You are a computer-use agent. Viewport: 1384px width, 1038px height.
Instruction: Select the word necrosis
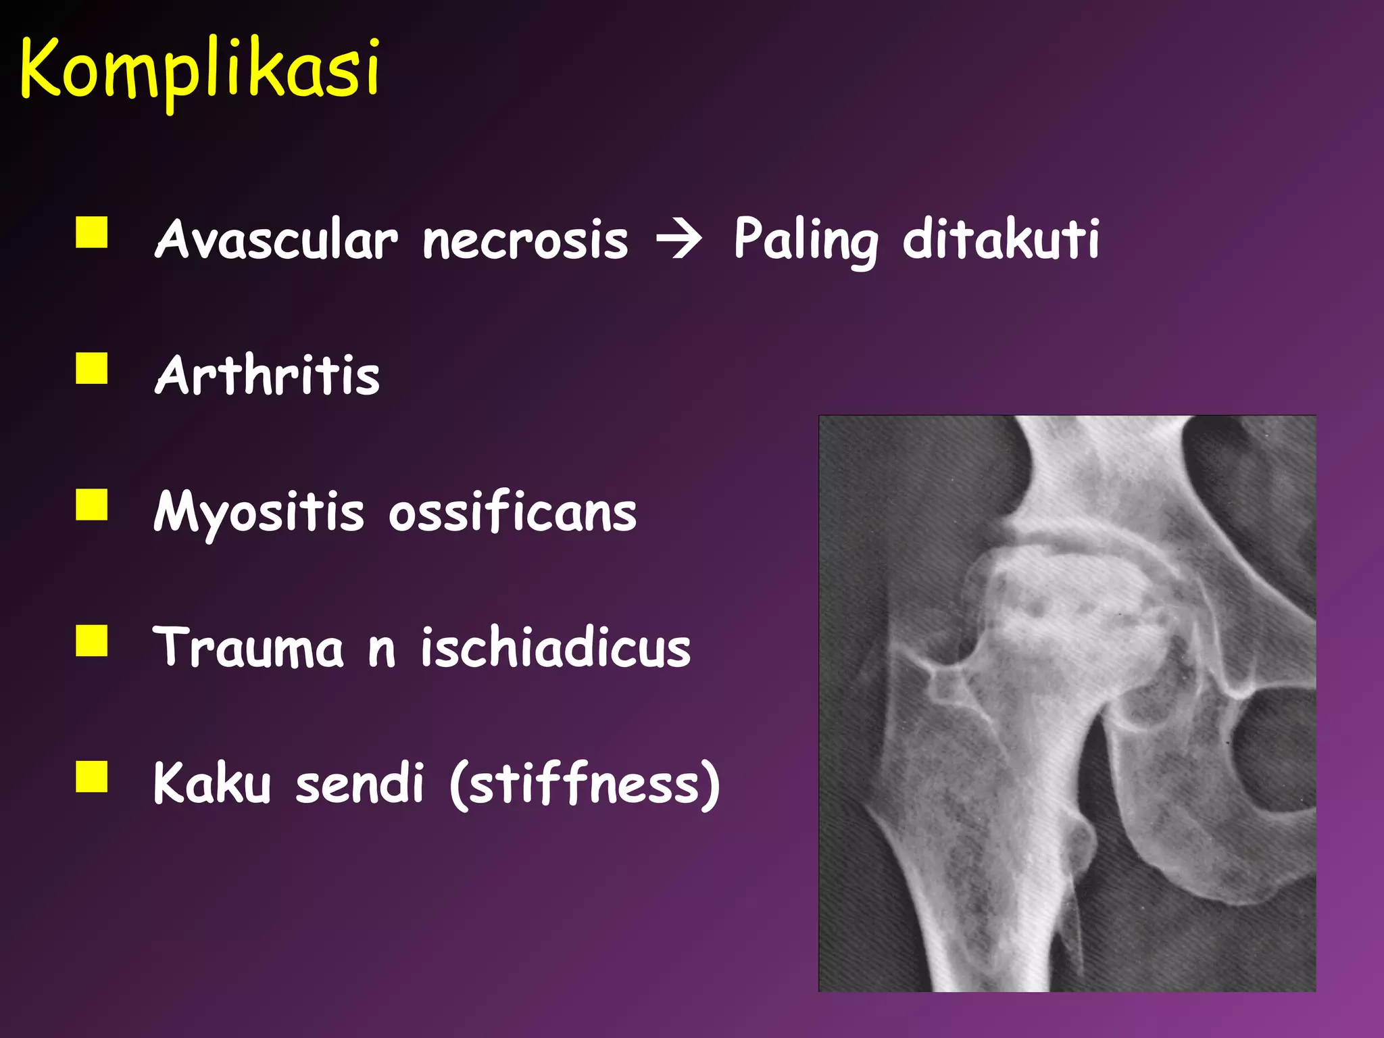tap(525, 241)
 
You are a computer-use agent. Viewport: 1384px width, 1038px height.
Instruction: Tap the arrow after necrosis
tap(679, 241)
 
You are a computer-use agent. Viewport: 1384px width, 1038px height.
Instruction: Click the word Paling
tap(806, 241)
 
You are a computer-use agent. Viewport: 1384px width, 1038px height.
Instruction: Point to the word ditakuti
tap(1000, 239)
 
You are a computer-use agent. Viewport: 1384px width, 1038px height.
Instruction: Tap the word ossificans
tap(512, 512)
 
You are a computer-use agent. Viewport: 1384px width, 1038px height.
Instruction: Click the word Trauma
tap(248, 647)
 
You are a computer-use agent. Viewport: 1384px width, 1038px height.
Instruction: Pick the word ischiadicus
tap(555, 647)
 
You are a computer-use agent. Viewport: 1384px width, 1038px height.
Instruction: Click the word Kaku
tap(212, 783)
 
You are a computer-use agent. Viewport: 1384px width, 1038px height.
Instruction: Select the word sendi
tap(360, 783)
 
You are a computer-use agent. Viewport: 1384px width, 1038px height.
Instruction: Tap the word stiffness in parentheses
tap(585, 785)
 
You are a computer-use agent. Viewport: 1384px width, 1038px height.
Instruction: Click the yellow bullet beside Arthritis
tap(92, 368)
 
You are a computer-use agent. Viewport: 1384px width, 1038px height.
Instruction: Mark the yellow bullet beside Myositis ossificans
tap(92, 505)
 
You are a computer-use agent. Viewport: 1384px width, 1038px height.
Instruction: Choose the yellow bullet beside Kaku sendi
tap(92, 776)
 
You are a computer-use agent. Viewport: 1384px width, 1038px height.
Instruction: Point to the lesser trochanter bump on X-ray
tap(1081, 845)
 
